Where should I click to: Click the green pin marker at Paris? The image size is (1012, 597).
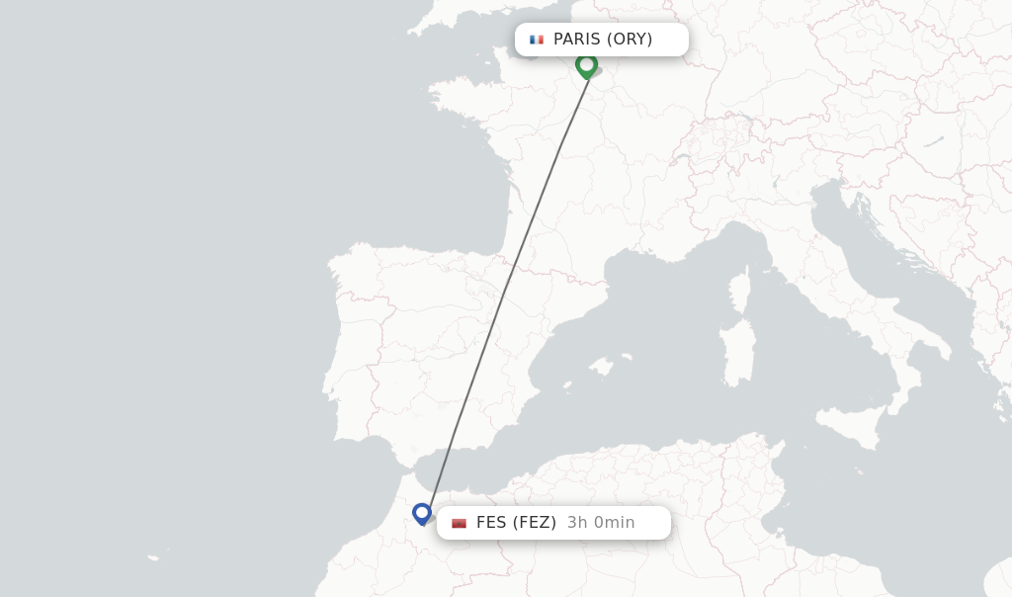(x=586, y=65)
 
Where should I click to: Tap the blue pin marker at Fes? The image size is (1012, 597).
(x=422, y=513)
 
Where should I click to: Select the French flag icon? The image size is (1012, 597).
(x=537, y=40)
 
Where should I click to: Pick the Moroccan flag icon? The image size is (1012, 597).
(x=459, y=523)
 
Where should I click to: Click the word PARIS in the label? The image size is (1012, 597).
(x=576, y=40)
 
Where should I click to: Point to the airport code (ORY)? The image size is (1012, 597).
(x=630, y=40)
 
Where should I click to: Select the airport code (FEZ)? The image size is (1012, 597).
(x=535, y=523)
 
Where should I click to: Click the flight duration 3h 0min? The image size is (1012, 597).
(x=601, y=523)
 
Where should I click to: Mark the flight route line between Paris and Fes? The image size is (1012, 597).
(x=506, y=287)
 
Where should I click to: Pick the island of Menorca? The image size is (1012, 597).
(x=625, y=357)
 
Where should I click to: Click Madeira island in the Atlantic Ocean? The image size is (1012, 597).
(x=154, y=557)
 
